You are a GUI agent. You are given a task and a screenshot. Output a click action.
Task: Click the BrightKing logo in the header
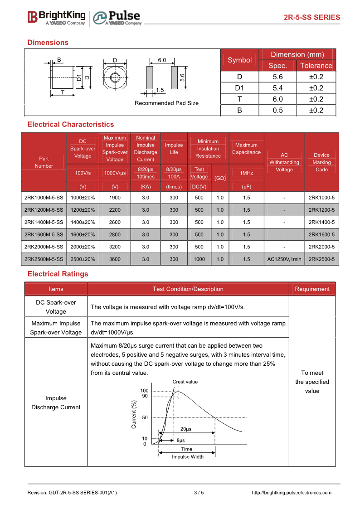coord(56,17)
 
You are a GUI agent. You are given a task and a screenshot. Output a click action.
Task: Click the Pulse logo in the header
coord(117,18)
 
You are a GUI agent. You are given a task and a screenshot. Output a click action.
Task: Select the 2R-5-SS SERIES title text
coord(311,18)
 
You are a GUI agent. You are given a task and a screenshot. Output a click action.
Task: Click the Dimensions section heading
coord(48,43)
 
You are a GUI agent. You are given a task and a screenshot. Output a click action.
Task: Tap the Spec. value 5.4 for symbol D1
coord(277,88)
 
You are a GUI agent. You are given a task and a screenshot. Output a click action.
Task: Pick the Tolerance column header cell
coord(316,66)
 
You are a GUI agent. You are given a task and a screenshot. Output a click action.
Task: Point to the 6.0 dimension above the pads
coord(162,60)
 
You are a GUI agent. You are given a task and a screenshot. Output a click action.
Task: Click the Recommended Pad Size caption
coord(166,103)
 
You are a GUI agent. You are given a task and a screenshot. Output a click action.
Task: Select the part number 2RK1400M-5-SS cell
coord(44,222)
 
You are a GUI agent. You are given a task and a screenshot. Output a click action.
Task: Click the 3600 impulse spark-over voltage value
coord(115,259)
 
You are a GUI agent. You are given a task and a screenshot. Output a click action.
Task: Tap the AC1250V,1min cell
coord(284,259)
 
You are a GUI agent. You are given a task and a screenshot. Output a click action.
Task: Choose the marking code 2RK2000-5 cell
coord(321,247)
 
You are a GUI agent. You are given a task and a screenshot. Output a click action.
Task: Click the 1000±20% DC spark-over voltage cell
coord(83,198)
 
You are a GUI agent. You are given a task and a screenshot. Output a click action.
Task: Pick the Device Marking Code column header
coord(321,162)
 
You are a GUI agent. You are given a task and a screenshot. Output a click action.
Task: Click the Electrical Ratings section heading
coord(58,274)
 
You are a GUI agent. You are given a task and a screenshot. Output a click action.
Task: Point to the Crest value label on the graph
coord(185,382)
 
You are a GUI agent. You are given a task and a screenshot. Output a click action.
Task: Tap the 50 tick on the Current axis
coord(145,417)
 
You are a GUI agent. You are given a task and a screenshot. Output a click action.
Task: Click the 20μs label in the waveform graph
coord(186,429)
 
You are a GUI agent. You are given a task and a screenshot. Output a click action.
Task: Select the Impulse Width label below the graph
coord(188,457)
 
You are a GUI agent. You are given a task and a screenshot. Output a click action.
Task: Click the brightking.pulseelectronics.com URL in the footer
coord(291,493)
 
